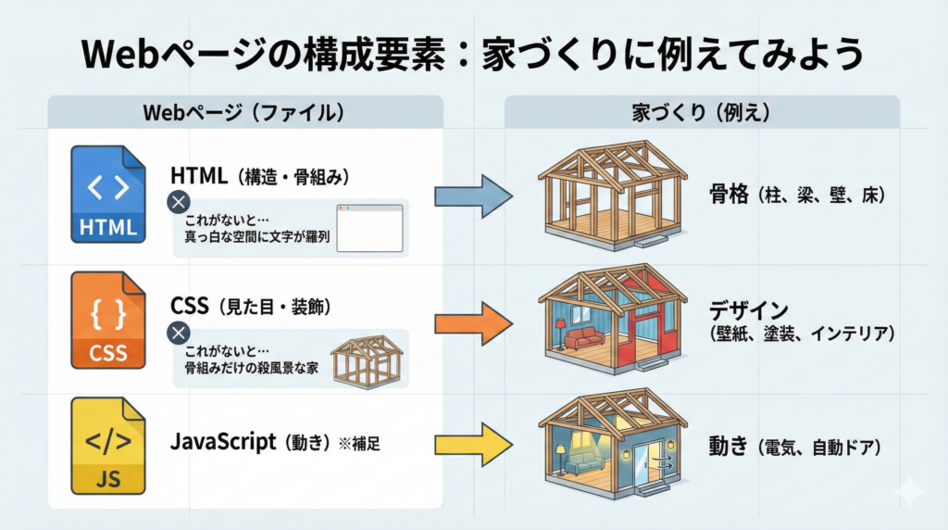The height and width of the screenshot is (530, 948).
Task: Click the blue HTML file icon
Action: [x=109, y=194]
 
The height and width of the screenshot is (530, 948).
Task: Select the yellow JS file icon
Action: [x=109, y=445]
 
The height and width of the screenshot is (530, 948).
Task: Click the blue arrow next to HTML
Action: [x=473, y=196]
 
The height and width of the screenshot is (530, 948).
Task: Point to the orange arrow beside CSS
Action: [x=473, y=323]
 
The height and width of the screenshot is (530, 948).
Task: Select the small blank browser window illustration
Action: [x=369, y=227]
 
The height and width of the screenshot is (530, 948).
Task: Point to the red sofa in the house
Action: [x=584, y=338]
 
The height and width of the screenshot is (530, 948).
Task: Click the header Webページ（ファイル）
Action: [x=244, y=113]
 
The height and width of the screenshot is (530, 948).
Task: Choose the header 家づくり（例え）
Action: [x=702, y=113]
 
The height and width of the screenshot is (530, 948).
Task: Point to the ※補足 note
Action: [x=361, y=443]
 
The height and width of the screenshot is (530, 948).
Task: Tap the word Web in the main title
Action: [x=114, y=54]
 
